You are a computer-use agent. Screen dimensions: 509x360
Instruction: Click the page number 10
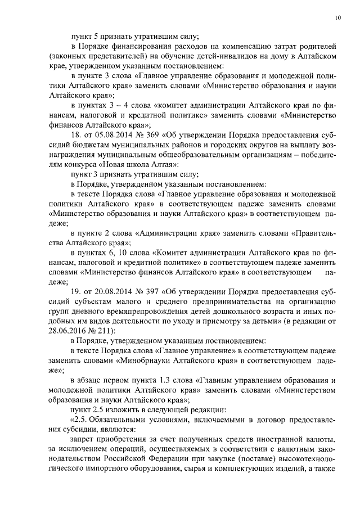tap(337, 18)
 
